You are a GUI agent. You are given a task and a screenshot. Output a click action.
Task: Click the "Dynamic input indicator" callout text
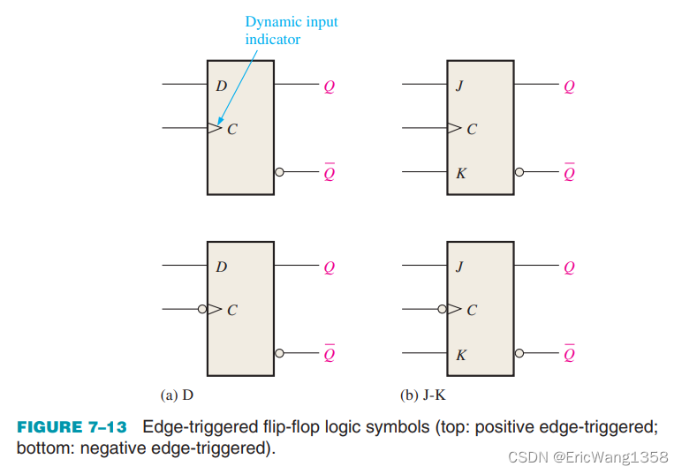(x=291, y=30)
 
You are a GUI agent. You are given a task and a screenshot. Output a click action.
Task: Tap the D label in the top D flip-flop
(x=221, y=87)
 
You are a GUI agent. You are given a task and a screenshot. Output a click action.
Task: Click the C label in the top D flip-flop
(x=232, y=129)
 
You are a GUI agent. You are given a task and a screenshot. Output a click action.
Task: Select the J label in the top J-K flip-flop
(x=459, y=87)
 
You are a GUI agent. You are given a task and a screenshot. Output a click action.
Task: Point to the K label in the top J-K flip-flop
(x=461, y=172)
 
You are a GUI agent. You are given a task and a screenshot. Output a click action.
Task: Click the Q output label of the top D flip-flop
(x=330, y=87)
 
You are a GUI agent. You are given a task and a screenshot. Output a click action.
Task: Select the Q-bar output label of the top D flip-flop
(x=330, y=172)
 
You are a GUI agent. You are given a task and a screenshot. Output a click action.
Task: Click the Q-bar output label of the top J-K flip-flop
(x=569, y=172)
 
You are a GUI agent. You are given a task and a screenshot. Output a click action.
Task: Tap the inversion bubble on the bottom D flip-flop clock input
(x=203, y=310)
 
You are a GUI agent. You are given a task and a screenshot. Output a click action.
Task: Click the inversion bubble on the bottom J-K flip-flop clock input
(x=443, y=310)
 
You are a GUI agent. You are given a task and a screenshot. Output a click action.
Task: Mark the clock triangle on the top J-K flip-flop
(x=454, y=129)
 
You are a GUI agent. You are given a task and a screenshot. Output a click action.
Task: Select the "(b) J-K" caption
(x=422, y=395)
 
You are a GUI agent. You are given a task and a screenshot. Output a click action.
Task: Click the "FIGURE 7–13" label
(x=72, y=427)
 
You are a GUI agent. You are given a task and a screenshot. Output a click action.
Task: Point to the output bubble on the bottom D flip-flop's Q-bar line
(x=279, y=353)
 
